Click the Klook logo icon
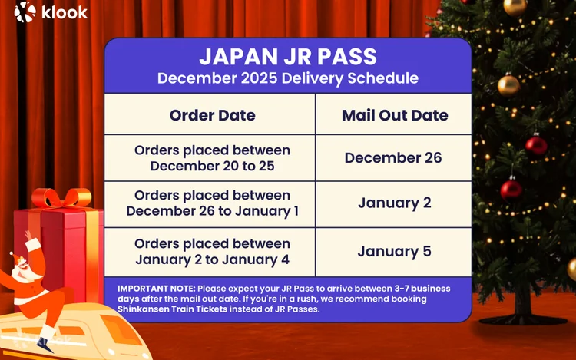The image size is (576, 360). click(25, 12)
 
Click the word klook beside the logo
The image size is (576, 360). click(65, 12)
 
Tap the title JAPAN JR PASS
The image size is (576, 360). click(288, 57)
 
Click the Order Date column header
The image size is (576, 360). click(212, 115)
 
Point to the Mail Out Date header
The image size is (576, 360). click(395, 115)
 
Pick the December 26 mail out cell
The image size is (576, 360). click(393, 158)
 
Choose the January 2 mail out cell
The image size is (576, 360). click(395, 203)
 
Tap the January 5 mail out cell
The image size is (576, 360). click(394, 251)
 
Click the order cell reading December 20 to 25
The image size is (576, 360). click(212, 158)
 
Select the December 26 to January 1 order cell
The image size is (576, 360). click(212, 203)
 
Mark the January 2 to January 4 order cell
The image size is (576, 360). click(212, 252)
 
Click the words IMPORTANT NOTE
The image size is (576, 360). click(157, 289)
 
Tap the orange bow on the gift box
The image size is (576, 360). click(61, 197)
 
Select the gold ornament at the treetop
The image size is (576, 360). click(515, 6)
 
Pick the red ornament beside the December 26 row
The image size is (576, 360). click(536, 145)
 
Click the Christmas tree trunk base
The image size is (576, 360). click(523, 312)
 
